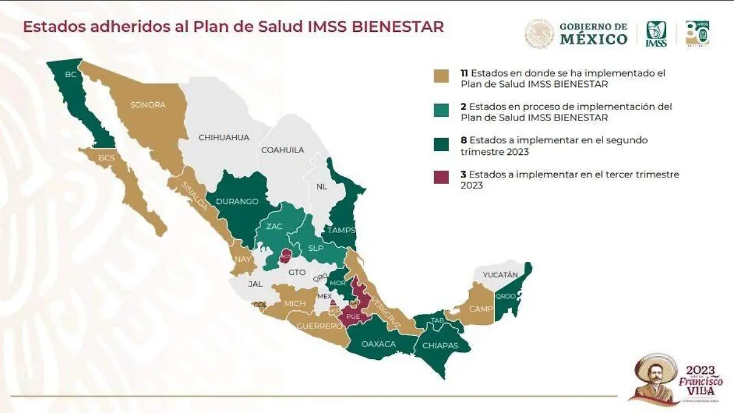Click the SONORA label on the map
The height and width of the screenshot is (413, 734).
point(147,105)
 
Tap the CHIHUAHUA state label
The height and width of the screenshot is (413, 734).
point(224,138)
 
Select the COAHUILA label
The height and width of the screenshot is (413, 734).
point(282,150)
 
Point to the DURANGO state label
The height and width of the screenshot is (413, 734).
point(237,201)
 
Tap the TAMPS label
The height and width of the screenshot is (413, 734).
point(341,230)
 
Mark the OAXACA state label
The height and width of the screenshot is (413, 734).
point(379,344)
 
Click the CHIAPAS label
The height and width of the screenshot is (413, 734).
point(440,346)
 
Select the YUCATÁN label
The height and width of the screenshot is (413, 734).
point(500,275)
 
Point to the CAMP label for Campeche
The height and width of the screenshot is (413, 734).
point(481,308)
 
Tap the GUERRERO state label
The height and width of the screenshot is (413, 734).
point(319,326)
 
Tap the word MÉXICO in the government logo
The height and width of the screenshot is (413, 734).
point(593,39)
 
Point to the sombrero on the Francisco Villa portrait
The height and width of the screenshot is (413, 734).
point(655,364)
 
